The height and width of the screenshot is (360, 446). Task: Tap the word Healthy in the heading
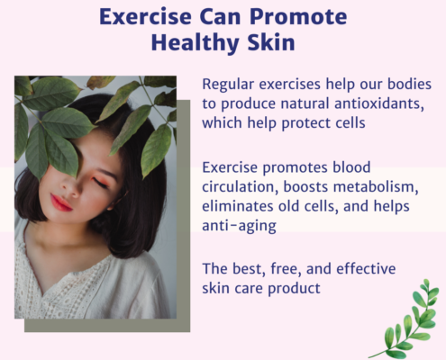click(x=196, y=43)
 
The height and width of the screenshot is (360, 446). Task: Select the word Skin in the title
click(x=271, y=42)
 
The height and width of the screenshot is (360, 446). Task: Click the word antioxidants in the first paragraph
click(x=379, y=103)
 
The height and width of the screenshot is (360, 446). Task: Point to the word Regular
click(x=228, y=85)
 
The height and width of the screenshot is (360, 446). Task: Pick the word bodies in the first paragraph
click(x=409, y=85)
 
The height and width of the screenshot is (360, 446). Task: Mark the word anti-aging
click(x=239, y=227)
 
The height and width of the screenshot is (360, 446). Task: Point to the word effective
click(x=366, y=268)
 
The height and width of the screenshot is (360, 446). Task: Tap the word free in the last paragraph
click(x=286, y=269)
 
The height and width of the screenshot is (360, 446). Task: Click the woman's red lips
click(x=61, y=202)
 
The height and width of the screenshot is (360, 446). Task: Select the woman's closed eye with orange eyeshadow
click(x=100, y=182)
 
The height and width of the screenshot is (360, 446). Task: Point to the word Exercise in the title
click(x=145, y=16)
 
